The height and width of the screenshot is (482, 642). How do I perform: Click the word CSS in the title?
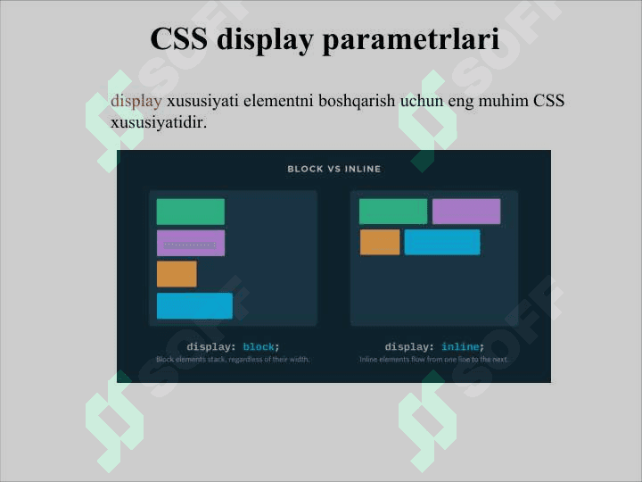tap(179, 40)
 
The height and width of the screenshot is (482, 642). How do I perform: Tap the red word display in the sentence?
tap(136, 101)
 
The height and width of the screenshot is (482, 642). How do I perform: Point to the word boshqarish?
tap(351, 101)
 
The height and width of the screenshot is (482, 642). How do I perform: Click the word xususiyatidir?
tap(158, 121)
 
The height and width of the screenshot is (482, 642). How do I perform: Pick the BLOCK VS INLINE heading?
tap(333, 169)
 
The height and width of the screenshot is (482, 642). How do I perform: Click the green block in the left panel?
tap(190, 212)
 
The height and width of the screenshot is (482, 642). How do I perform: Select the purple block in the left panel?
tap(190, 243)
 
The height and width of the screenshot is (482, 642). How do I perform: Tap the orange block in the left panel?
tap(177, 274)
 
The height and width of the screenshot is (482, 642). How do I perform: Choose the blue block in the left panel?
tap(194, 305)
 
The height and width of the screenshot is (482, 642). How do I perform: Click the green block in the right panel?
tap(392, 212)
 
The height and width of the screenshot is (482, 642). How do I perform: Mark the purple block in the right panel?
tap(465, 212)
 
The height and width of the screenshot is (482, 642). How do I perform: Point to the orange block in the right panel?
tap(380, 242)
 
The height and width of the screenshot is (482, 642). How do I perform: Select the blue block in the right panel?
tap(441, 242)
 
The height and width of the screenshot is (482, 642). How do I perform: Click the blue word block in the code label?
tap(259, 346)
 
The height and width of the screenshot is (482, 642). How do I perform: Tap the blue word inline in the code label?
tap(460, 346)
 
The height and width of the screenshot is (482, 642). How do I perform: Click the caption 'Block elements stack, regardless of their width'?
tap(233, 360)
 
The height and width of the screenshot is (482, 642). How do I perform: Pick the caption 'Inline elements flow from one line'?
tap(433, 360)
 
